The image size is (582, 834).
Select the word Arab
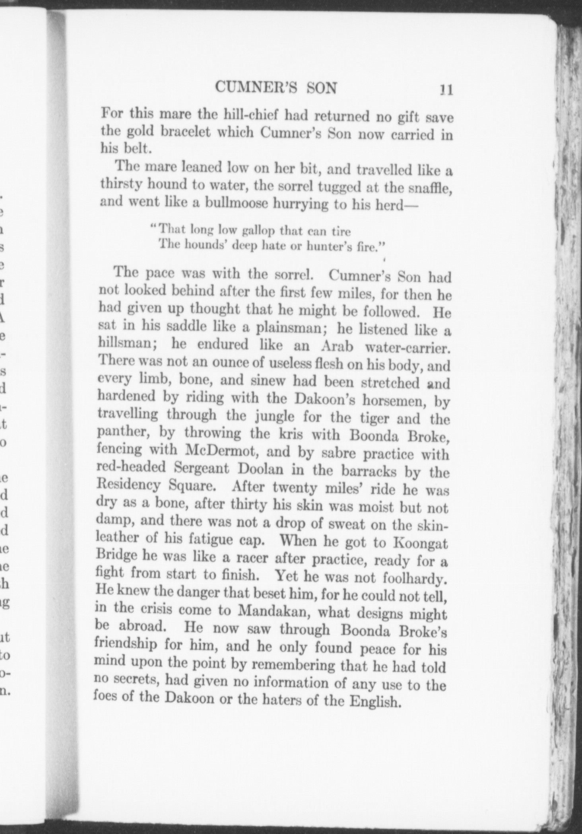[337, 346]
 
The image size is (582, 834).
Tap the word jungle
[274, 417]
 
